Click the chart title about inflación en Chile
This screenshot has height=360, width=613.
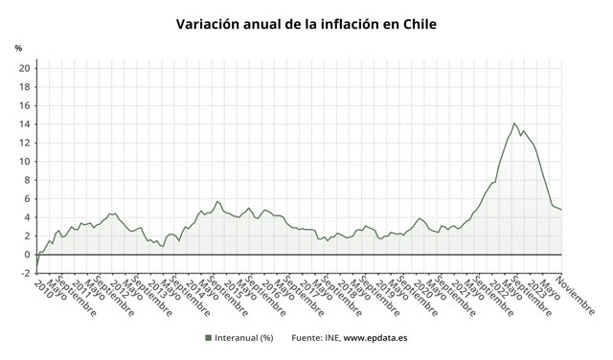[x=306, y=23]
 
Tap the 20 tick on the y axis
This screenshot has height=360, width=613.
[x=24, y=68]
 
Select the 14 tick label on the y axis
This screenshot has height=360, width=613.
[x=24, y=124]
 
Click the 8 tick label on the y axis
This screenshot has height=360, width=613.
[x=27, y=180]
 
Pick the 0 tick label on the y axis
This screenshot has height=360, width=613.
[x=27, y=255]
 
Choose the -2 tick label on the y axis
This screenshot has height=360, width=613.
[x=24, y=273]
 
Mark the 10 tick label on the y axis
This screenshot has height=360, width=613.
[x=24, y=162]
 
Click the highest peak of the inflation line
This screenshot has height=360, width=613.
[x=514, y=123]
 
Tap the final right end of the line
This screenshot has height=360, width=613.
[x=560, y=210]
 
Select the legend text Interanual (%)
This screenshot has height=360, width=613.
[x=244, y=337]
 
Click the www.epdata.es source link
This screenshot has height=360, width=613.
[x=376, y=337]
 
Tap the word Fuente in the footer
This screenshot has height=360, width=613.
[x=308, y=337]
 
